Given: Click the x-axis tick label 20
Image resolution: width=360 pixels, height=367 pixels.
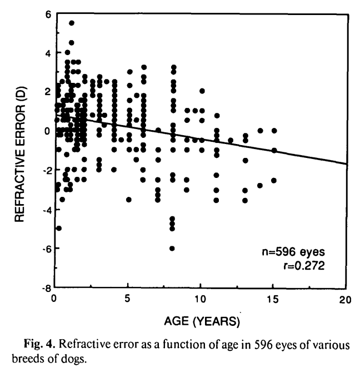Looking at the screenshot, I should click(x=346, y=299).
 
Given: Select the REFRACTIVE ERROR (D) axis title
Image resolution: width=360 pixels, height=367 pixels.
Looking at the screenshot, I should click(x=20, y=150).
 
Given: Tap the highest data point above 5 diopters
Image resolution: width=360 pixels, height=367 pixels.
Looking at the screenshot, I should click(x=72, y=23).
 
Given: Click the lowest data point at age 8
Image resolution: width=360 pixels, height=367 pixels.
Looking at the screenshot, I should click(x=172, y=248).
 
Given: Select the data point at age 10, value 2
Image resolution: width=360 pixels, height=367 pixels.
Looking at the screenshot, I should click(x=202, y=91).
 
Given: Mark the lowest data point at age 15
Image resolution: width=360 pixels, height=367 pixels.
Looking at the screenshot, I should click(x=274, y=180).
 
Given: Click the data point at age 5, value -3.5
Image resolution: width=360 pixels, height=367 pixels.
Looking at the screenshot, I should click(x=129, y=199).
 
